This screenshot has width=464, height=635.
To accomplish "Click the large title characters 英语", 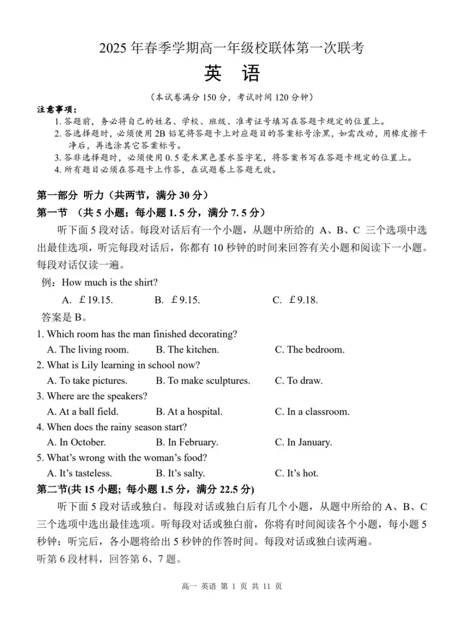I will pos(232,74).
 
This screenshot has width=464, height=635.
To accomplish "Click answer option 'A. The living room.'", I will pos(88,350).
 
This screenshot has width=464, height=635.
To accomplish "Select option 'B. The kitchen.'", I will pos(187,350).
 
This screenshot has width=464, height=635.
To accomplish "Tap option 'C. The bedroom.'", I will pos(309,350).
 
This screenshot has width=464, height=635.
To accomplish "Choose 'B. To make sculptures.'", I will pos(203,381).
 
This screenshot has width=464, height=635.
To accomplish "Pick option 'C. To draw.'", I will pos(298,381).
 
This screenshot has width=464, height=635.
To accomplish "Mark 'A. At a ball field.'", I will pos(83,412).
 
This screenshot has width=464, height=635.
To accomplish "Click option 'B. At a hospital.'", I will pos(189,412).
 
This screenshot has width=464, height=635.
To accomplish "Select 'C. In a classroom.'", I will pos(312,412).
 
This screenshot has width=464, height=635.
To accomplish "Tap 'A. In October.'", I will pos(77,443).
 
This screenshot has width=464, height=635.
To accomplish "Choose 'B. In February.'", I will pos(187,443).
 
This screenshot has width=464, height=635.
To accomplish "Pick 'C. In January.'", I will pos(303,443).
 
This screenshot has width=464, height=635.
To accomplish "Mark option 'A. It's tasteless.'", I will pos(79,474).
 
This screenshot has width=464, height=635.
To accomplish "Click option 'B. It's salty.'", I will pos(180,474).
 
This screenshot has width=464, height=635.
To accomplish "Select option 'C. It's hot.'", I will pos(296,474).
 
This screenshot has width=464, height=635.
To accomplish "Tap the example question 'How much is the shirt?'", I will pos(110,282).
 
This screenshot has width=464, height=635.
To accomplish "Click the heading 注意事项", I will pos(57,109).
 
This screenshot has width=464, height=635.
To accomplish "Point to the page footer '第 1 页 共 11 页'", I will pos(251,586).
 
